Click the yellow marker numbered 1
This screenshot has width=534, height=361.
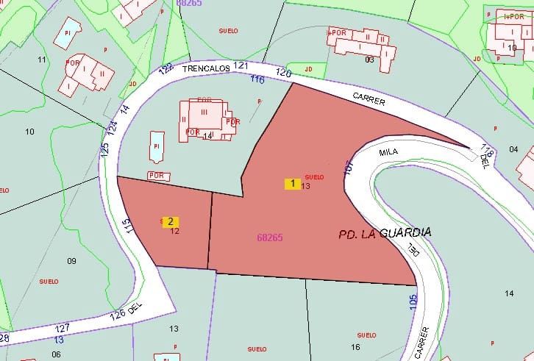pyautogui.click(x=293, y=184)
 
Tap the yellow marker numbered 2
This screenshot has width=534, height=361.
pyautogui.click(x=171, y=221)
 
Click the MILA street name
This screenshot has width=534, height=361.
pyautogui.click(x=388, y=153)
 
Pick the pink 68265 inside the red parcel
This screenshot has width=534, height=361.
pyautogui.click(x=270, y=237)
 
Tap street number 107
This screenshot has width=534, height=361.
pyautogui.click(x=348, y=167)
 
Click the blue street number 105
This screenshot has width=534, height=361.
pyautogui.click(x=413, y=302)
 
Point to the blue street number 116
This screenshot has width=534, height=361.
pyautogui.click(x=257, y=79)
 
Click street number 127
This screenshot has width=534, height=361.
pyautogui.click(x=63, y=328)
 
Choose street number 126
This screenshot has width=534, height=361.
pyautogui.click(x=117, y=315)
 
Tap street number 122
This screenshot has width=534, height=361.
pyautogui.click(x=166, y=69)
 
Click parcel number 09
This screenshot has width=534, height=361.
pyautogui.click(x=71, y=261)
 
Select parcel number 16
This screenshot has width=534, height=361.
pyautogui.click(x=356, y=346)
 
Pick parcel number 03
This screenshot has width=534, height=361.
pyautogui.click(x=369, y=60)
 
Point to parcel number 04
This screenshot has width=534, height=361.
pyautogui.click(x=513, y=149)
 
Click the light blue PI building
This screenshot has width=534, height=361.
pyautogui.click(x=157, y=146)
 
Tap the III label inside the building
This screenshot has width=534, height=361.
pyautogui.click(x=204, y=112)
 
